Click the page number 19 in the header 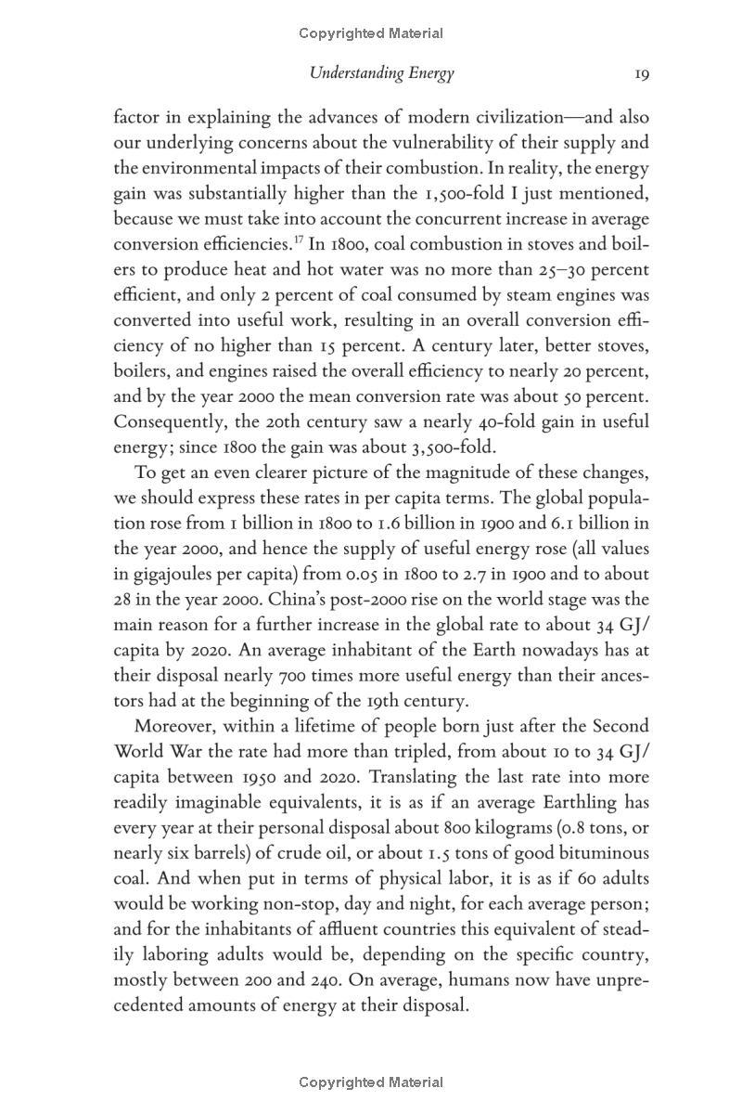[x=641, y=73]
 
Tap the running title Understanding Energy [x=382, y=73]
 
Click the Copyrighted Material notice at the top [x=371, y=33]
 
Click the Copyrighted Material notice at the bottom [x=371, y=1082]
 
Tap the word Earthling [x=544, y=802]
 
